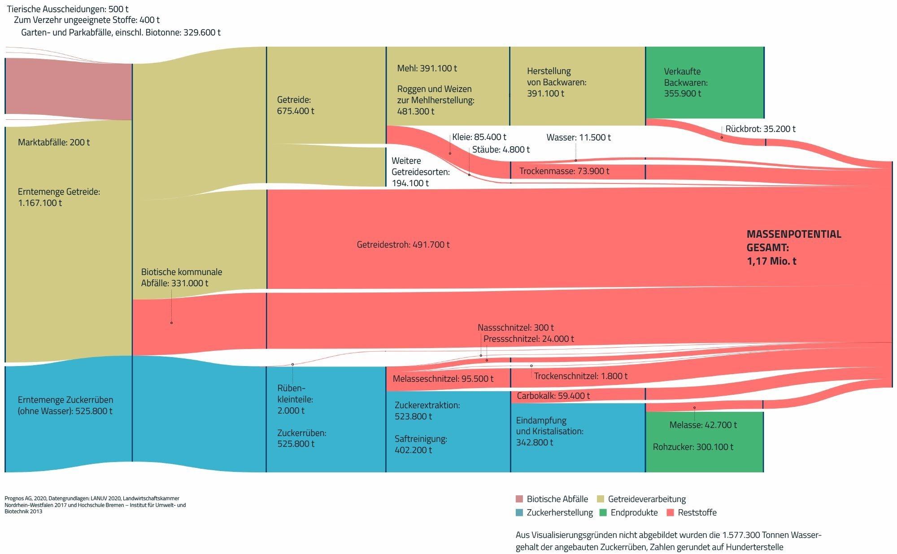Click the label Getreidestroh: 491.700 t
[x=403, y=244]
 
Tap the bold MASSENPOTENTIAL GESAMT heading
[x=793, y=247]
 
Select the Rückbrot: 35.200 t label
[x=760, y=129]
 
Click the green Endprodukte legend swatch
[x=603, y=512]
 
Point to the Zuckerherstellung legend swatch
[x=519, y=512]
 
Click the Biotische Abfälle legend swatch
[x=519, y=499]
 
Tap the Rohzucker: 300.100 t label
[x=693, y=447]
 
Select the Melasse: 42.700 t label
[x=703, y=425]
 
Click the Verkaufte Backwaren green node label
[x=685, y=83]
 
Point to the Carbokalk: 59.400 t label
[x=553, y=396]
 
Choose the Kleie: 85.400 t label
[x=479, y=137]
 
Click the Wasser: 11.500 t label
[x=578, y=137]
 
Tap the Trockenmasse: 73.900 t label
[x=564, y=171]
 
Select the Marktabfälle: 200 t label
[x=53, y=142]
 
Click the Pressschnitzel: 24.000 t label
[x=528, y=339]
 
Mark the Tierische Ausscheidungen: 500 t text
[x=68, y=9]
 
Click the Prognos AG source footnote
[x=95, y=505]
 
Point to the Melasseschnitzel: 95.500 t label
[x=443, y=379]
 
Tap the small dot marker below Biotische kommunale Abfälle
[x=171, y=323]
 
